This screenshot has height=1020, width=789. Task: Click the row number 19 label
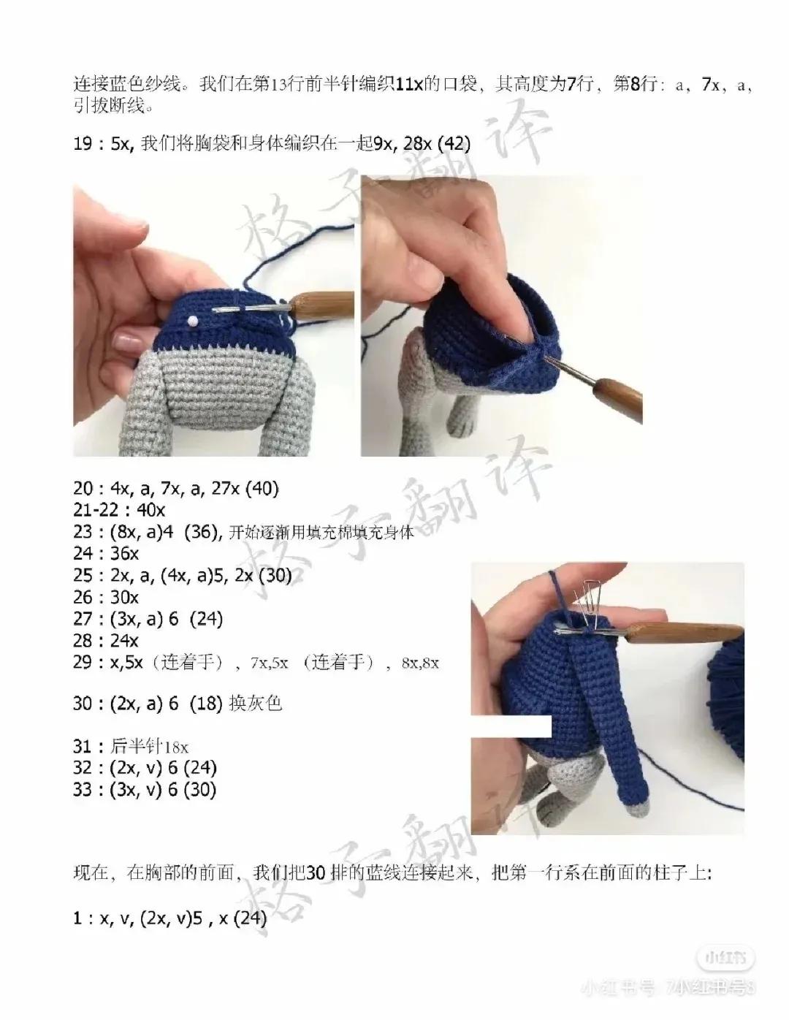[83, 144]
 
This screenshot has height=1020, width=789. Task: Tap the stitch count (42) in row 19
[453, 144]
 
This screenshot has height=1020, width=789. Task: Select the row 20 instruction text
[175, 488]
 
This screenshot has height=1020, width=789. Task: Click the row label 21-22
[100, 510]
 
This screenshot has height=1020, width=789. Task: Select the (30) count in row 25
[275, 576]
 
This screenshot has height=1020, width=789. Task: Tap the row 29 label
[83, 663]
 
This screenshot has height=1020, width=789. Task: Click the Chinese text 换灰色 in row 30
[255, 704]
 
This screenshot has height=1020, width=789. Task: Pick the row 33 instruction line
[145, 790]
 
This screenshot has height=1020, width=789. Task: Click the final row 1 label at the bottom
[78, 919]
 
